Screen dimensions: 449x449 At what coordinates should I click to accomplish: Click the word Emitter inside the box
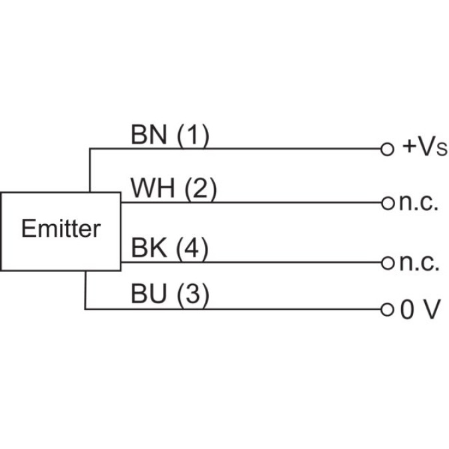tap(61, 229)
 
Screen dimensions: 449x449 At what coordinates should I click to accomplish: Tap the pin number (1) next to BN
tap(192, 136)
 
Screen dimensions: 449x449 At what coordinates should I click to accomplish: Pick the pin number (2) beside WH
tap(200, 190)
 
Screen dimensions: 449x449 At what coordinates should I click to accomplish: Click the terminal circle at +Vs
tap(386, 148)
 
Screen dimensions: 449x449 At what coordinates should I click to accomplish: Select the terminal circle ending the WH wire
tap(386, 202)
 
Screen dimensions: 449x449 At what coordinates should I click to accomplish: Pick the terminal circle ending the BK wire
tap(386, 262)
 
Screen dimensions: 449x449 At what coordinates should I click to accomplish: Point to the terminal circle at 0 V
tap(386, 309)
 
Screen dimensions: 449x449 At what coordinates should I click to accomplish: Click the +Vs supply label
tap(424, 148)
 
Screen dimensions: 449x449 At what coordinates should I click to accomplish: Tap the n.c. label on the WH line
tap(419, 203)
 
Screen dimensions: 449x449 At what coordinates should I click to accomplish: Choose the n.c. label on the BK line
tap(419, 263)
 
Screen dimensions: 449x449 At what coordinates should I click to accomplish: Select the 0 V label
tap(420, 310)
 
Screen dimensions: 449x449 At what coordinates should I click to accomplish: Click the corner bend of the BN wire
tap(90, 148)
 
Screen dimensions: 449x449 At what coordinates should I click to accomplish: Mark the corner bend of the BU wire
tap(85, 309)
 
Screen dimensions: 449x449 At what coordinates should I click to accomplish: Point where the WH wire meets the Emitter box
tap(121, 202)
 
